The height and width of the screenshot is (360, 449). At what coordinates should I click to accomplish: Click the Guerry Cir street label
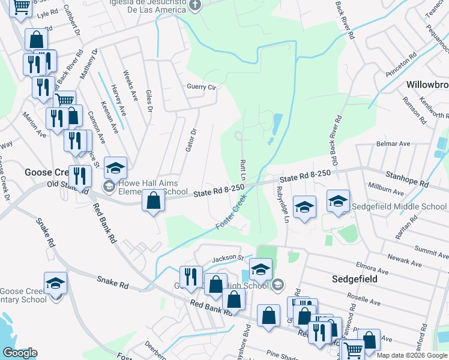pos(201,87)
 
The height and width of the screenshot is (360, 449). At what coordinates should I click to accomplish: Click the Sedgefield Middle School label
pos(400,207)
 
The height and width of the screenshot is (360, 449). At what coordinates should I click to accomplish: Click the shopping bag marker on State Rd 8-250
pos(154,200)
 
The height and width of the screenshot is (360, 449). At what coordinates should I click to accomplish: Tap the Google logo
pos(20,353)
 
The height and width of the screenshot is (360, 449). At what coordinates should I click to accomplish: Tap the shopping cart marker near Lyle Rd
pos(22,7)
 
